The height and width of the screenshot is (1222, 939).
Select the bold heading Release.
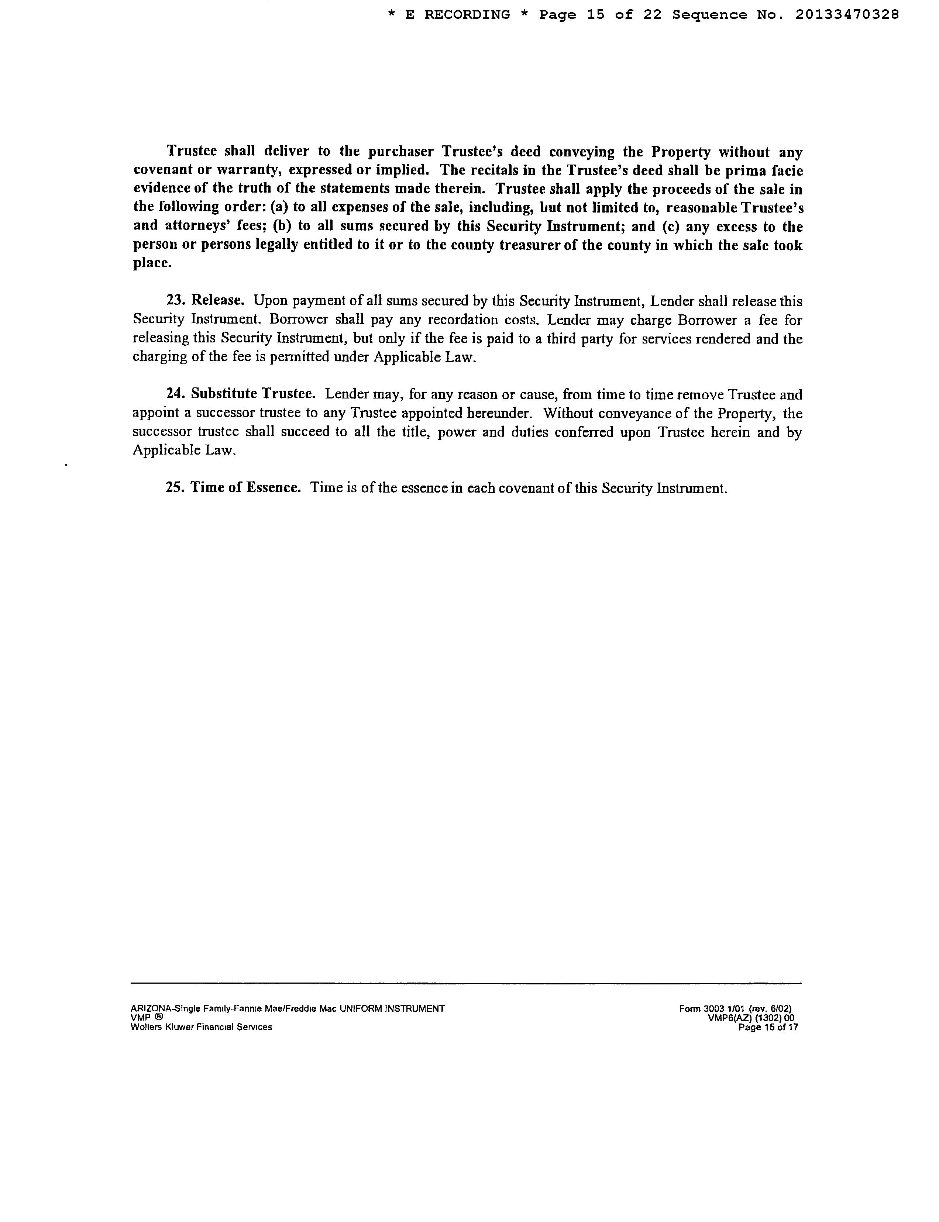[217, 301]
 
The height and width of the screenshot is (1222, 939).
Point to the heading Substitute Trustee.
[253, 394]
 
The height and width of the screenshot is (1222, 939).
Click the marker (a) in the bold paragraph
[279, 208]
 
